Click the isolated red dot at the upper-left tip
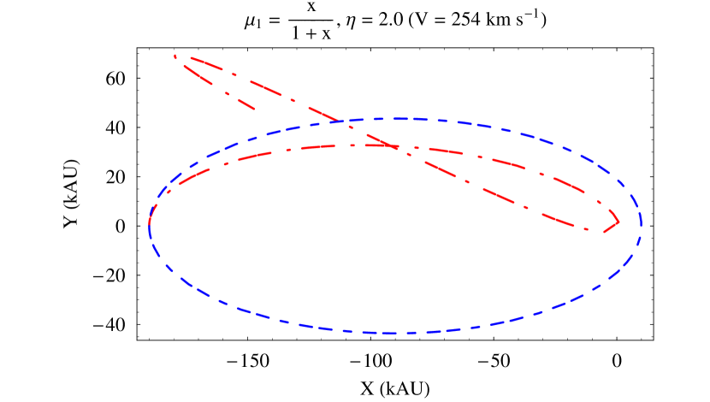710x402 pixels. (175, 56)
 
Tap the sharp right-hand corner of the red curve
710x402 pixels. (618, 222)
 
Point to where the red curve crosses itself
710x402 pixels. (394, 146)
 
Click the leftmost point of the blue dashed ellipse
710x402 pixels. (149, 225)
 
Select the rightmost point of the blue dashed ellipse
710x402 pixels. (642, 225)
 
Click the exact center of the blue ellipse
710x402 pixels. (395, 226)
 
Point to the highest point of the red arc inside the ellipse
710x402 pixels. (359, 145)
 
